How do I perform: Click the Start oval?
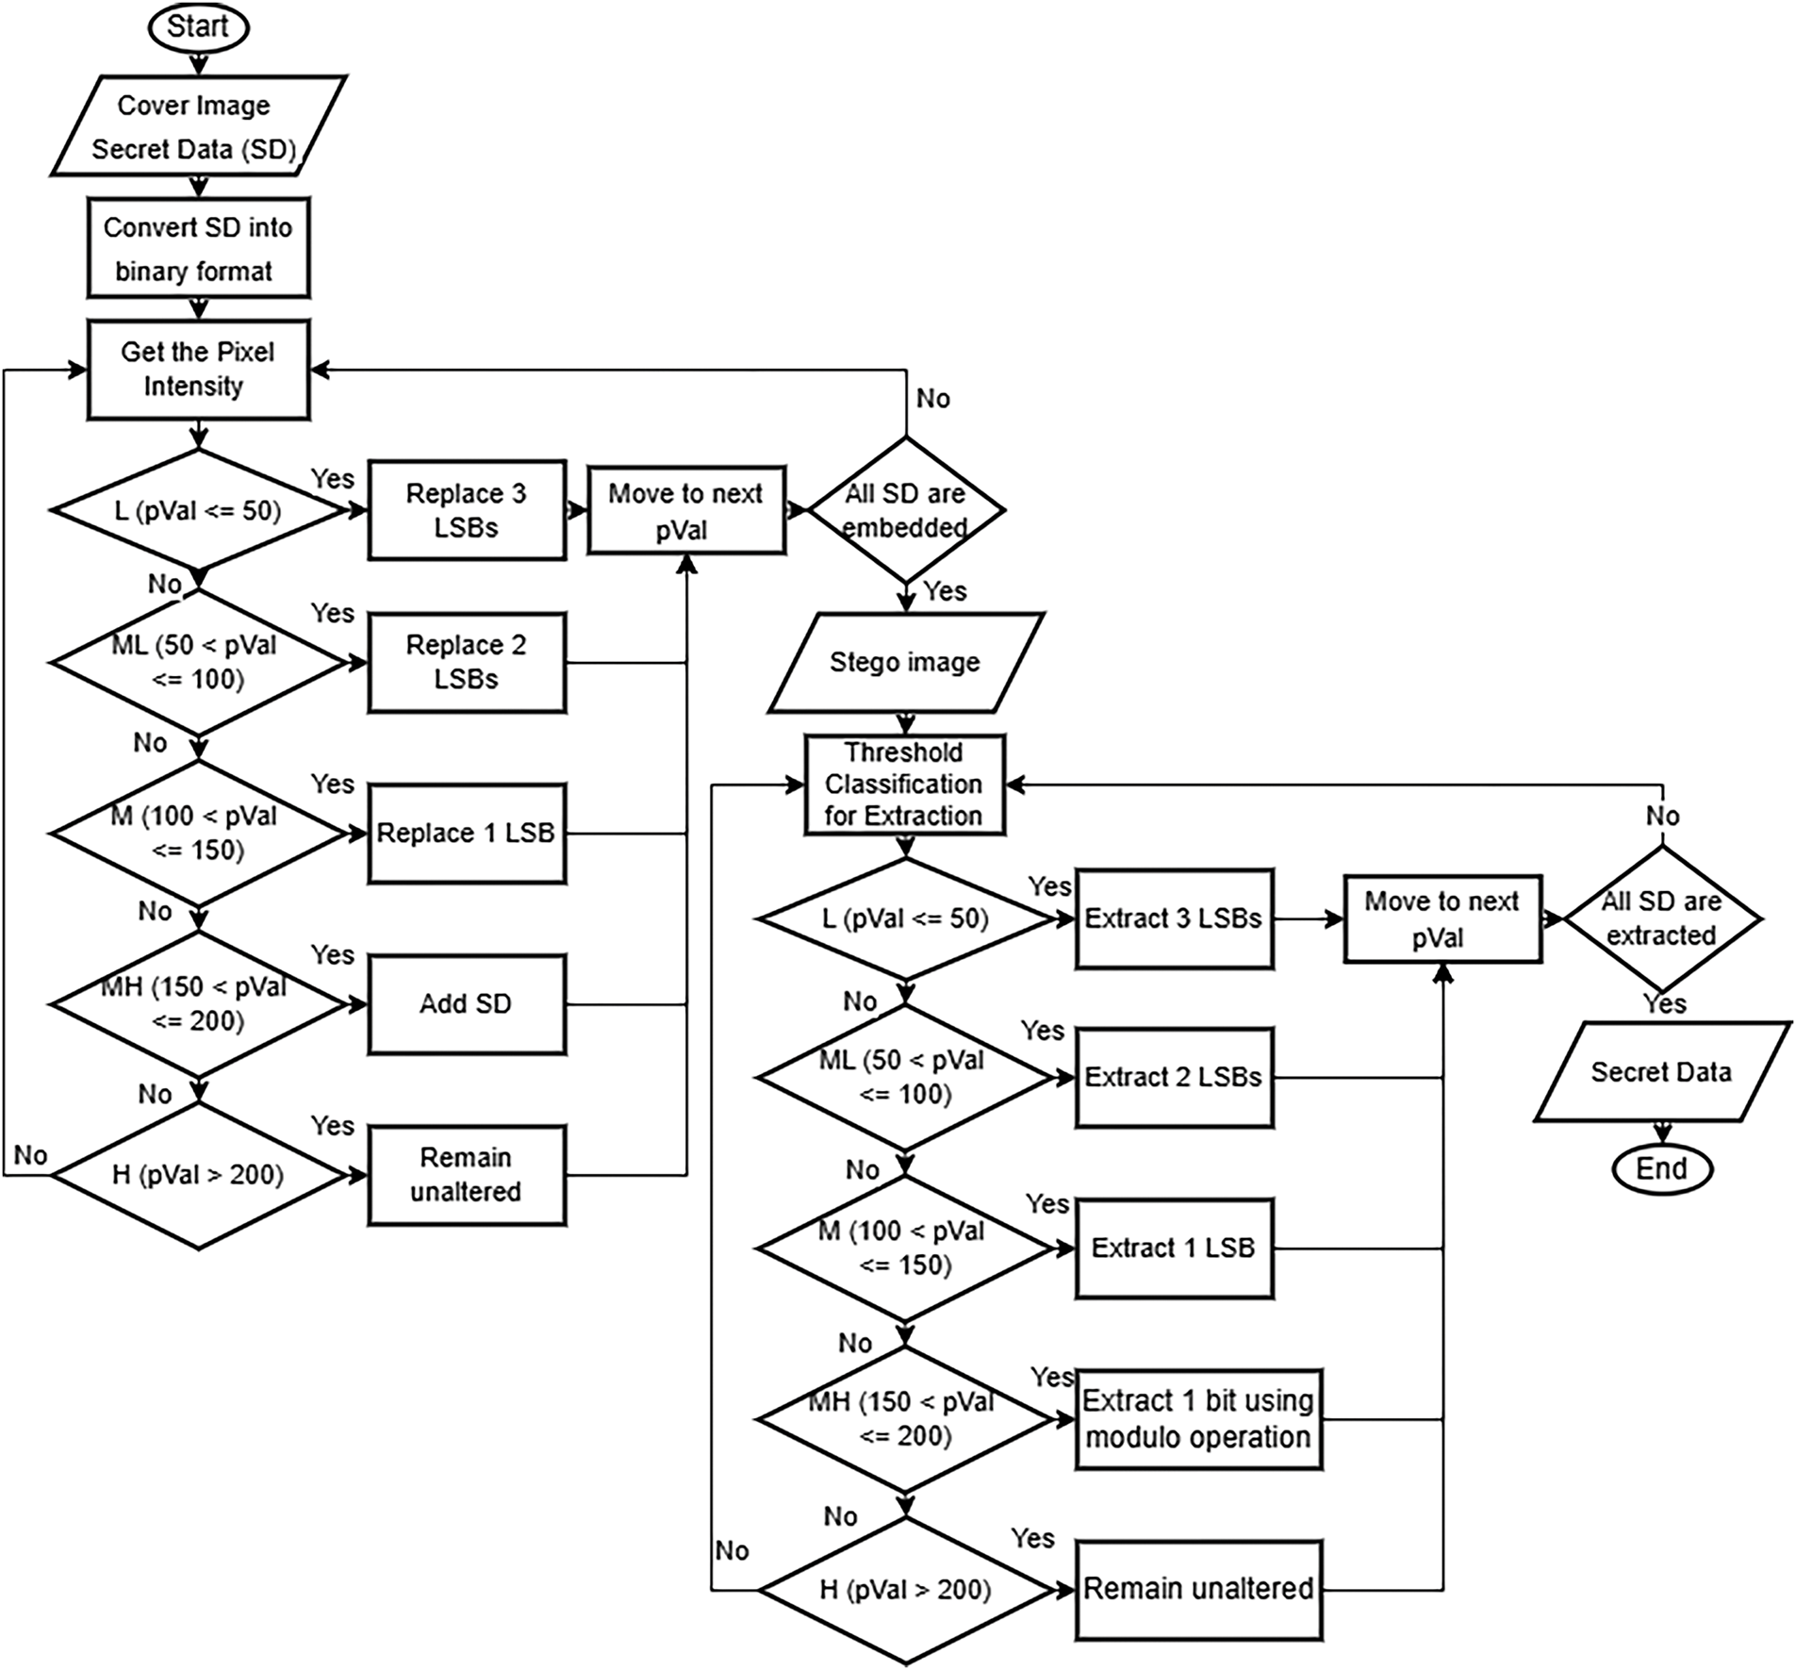[x=197, y=26]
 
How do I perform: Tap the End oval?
[x=1661, y=1169]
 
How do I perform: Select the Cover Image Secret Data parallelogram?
[x=196, y=126]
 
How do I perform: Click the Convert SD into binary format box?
[x=198, y=248]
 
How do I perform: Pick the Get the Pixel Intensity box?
[x=198, y=370]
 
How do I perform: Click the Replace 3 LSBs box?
[x=467, y=510]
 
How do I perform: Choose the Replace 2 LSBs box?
[x=467, y=662]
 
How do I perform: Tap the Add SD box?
[x=467, y=1003]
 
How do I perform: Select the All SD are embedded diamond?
[x=905, y=510]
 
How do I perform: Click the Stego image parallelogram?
[x=905, y=662]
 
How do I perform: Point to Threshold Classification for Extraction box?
[x=905, y=784]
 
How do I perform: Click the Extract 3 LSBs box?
[x=1174, y=918]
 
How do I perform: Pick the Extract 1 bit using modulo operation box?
[x=1198, y=1419]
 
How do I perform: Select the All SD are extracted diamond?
[x=1661, y=918]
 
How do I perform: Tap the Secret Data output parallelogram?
[x=1661, y=1072]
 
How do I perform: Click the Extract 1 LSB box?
[x=1174, y=1248]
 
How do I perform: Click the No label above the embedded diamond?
[x=933, y=399]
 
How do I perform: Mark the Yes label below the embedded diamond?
[x=945, y=591]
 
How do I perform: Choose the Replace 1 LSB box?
[x=467, y=833]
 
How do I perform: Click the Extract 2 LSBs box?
[x=1174, y=1077]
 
